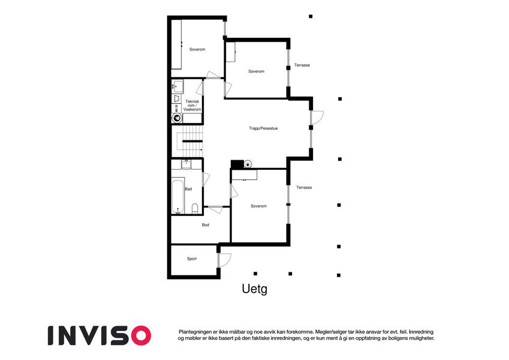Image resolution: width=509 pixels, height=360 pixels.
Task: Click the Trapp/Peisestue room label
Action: tap(263, 128)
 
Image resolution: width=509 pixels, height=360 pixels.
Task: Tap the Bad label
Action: tap(188, 189)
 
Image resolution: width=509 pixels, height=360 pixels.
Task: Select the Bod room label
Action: tap(206, 225)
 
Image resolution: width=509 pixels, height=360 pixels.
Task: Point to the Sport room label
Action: tap(191, 259)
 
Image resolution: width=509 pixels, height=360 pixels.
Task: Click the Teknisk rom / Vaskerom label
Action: tap(192, 106)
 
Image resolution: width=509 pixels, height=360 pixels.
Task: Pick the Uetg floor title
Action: tap(254, 289)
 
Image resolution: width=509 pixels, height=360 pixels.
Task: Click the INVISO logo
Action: tap(100, 335)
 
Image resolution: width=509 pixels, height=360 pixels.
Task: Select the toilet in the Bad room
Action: tap(195, 208)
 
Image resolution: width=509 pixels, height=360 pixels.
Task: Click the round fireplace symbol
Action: tap(248, 164)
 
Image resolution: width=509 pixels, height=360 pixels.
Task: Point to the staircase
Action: tap(187, 142)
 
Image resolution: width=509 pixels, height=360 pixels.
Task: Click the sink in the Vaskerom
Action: tap(177, 86)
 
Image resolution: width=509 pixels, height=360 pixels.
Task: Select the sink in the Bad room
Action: tap(186, 164)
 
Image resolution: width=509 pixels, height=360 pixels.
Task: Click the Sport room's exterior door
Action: tap(224, 260)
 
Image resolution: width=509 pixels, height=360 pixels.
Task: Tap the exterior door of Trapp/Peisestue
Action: tap(317, 118)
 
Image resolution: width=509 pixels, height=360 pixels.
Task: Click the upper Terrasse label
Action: tap(302, 65)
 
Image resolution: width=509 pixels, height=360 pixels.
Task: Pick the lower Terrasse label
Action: tap(304, 187)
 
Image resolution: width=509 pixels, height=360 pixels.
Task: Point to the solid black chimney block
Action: tap(237, 164)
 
